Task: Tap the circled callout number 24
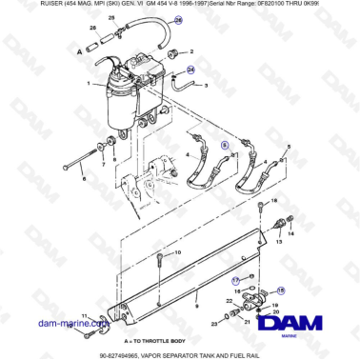click(189, 70)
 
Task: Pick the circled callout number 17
click(236, 280)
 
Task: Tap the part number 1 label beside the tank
click(88, 86)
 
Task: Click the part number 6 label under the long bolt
click(84, 179)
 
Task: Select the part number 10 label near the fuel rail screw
click(178, 251)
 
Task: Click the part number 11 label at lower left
click(84, 315)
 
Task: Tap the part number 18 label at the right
click(274, 203)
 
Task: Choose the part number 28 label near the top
click(109, 19)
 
